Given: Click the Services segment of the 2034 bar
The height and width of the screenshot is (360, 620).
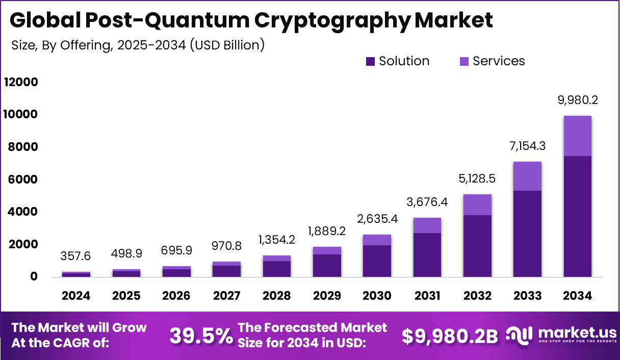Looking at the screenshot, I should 577,136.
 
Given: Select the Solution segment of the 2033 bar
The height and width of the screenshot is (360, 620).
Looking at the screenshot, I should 527,234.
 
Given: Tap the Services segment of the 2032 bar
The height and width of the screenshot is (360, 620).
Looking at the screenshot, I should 477,204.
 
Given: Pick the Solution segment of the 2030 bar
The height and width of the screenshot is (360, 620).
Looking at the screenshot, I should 377,261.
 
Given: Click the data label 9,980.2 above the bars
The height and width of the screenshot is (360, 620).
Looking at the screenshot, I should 577,100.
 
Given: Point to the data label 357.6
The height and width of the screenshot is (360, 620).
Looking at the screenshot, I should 76,255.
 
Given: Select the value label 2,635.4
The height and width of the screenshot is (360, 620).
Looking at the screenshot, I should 377,219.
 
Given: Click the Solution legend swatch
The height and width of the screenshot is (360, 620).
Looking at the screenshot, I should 371,62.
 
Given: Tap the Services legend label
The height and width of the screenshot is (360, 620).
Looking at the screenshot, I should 498,61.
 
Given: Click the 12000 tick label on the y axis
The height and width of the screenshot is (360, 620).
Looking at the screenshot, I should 21,82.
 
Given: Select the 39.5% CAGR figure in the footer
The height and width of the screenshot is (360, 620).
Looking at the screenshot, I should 200,336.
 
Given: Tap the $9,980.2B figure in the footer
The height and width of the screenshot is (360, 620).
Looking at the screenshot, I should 449,336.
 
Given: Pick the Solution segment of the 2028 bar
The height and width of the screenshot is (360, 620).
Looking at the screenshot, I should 276,269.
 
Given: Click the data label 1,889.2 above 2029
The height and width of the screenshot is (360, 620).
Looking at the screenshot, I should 327,232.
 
